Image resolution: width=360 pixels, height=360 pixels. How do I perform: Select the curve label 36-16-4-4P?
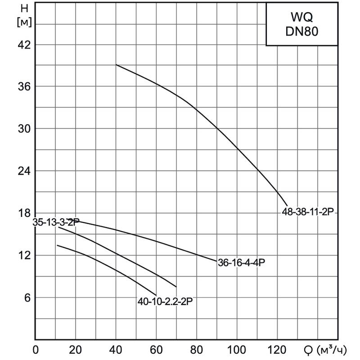[x=241, y=263]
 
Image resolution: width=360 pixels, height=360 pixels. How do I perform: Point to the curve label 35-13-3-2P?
[x=56, y=222]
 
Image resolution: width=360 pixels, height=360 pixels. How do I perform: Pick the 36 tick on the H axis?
[x=24, y=86]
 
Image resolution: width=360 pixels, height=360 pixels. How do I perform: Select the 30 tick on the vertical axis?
[x=24, y=129]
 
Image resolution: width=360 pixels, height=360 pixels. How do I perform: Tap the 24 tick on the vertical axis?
[x=24, y=171]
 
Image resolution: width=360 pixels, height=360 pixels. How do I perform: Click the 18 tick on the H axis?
[x=24, y=213]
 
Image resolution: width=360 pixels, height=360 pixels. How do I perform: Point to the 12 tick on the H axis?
[x=24, y=255]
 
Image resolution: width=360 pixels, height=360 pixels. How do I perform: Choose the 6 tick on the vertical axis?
[x=27, y=297]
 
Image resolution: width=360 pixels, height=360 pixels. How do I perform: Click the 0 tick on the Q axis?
[x=36, y=350]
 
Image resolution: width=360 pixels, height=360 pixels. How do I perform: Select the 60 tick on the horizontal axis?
[x=156, y=350]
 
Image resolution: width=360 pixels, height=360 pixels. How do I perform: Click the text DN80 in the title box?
[x=301, y=32]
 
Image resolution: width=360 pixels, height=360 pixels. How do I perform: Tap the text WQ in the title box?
[x=301, y=17]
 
